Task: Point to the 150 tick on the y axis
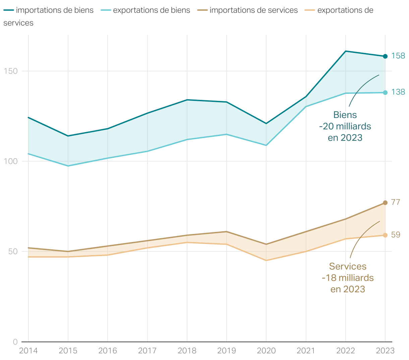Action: pos(10,71)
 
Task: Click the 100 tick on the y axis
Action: pos(10,161)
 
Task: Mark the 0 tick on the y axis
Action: pos(15,342)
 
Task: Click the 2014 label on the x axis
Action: pos(28,351)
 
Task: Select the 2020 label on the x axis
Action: pos(266,351)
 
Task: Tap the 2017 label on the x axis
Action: pos(147,351)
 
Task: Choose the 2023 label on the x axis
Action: pos(385,351)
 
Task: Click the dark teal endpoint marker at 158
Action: pos(385,56)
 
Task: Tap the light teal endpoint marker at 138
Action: pos(385,93)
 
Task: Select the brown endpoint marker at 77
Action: pos(385,203)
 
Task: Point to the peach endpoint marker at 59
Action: pos(385,235)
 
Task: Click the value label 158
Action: pos(398,56)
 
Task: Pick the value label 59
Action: pos(396,235)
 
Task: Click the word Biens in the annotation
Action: pos(345,115)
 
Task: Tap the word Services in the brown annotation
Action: pos(348,266)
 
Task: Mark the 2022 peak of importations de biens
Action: pos(346,51)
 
